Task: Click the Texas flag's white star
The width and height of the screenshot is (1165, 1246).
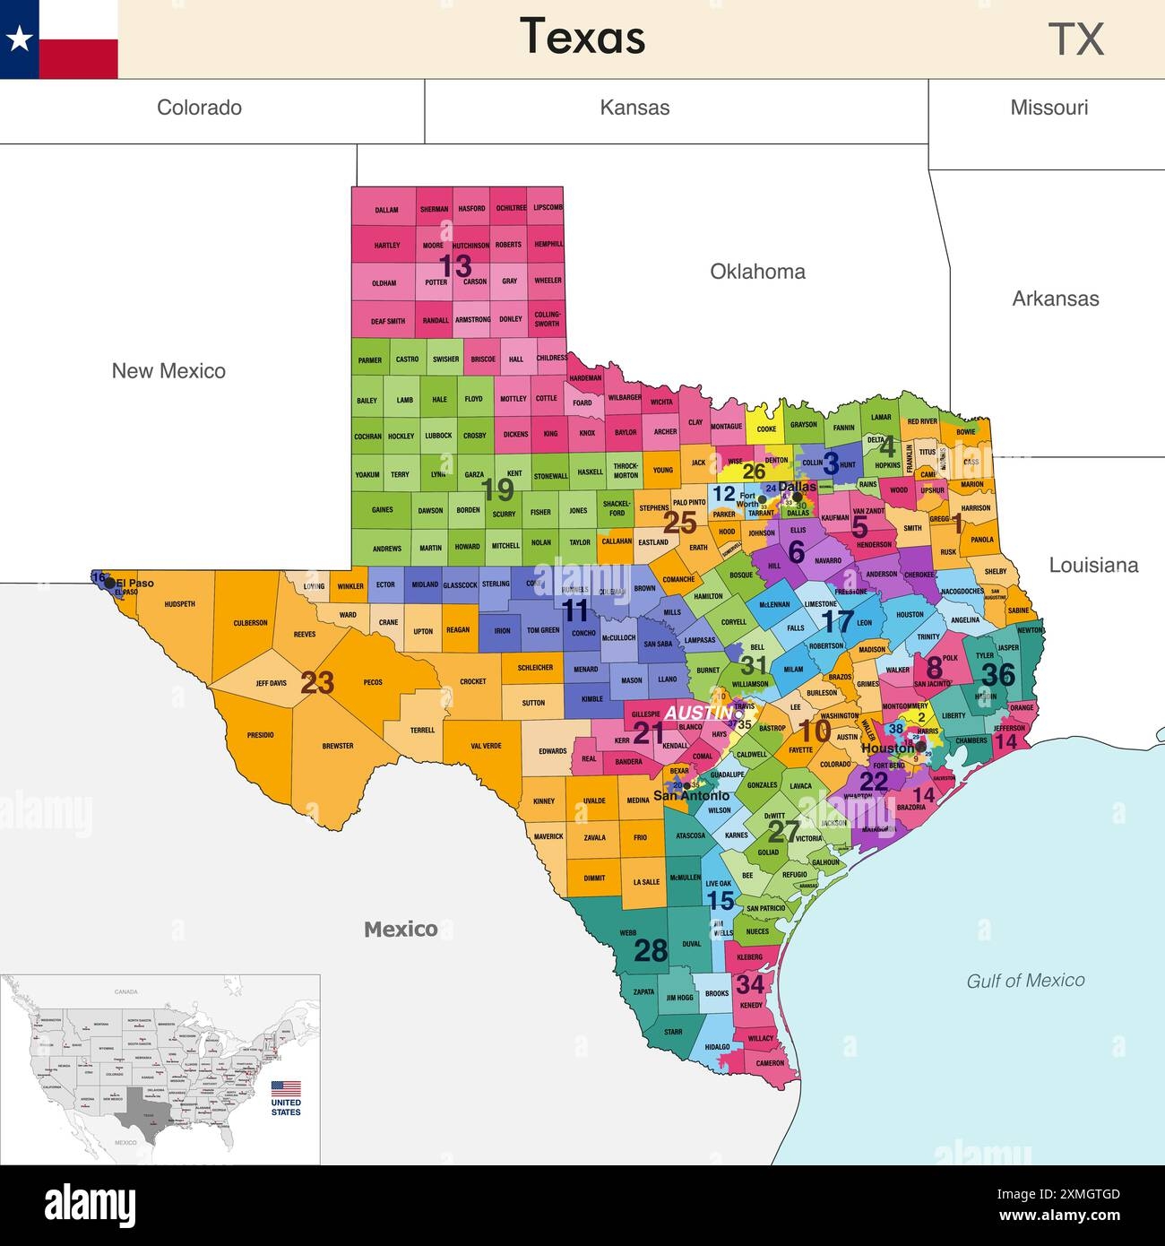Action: click(x=19, y=39)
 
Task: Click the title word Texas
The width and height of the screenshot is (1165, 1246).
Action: click(x=582, y=38)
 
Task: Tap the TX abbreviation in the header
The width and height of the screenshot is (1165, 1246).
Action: click(x=1075, y=39)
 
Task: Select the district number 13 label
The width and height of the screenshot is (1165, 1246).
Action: click(x=454, y=265)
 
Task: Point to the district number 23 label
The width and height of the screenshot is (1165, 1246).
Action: click(x=317, y=683)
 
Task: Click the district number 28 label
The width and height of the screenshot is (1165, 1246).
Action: click(x=651, y=950)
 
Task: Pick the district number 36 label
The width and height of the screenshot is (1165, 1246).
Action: click(x=997, y=673)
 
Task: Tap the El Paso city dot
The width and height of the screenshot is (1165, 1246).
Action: click(x=109, y=583)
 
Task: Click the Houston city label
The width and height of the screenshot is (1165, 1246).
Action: click(x=887, y=748)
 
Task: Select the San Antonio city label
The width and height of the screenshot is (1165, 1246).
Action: click(x=691, y=795)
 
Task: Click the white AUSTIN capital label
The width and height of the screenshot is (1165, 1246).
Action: click(x=699, y=713)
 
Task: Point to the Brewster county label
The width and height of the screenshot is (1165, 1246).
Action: click(x=338, y=746)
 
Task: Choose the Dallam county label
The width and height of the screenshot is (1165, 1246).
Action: click(x=386, y=211)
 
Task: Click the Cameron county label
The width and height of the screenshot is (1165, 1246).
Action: click(x=770, y=1063)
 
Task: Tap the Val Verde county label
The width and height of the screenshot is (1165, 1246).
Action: click(x=486, y=746)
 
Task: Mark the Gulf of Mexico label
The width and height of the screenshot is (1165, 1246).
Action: click(x=1025, y=981)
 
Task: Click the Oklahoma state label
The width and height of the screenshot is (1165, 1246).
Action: click(x=757, y=272)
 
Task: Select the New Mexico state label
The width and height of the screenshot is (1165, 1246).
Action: click(x=168, y=371)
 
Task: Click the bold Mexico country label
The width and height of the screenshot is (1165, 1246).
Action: click(x=401, y=930)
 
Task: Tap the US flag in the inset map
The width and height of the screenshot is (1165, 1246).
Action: click(x=286, y=1089)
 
